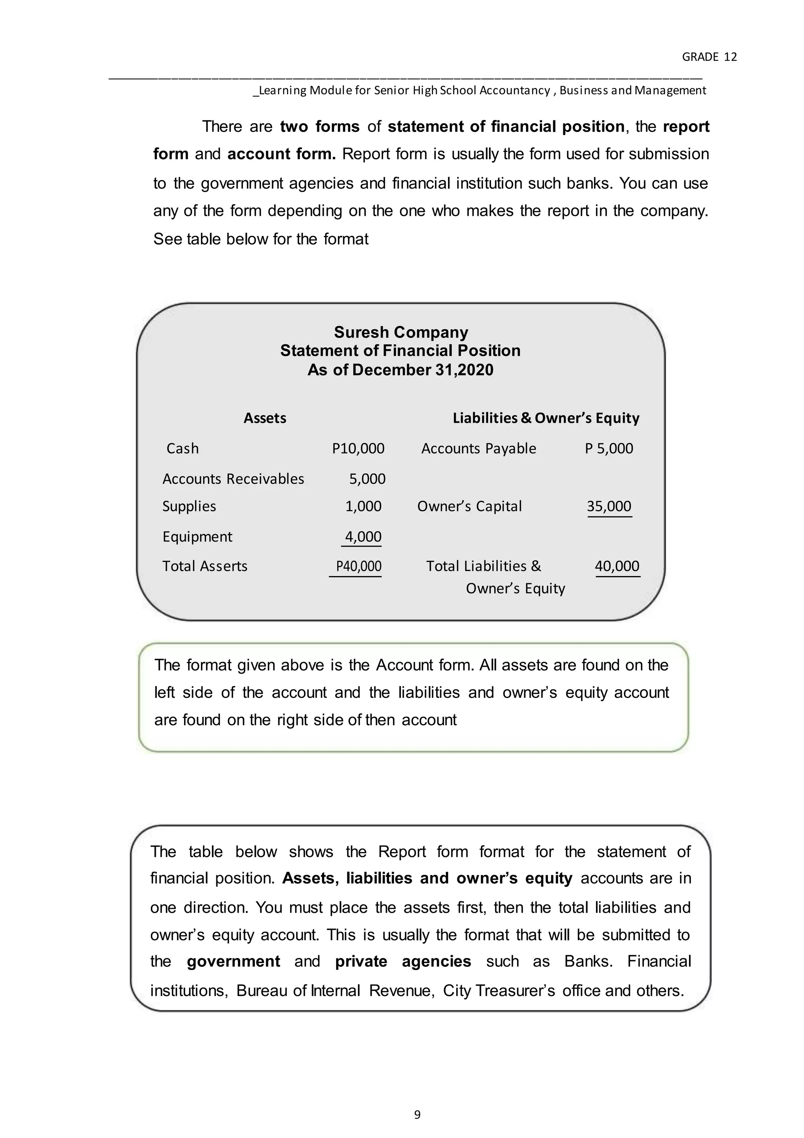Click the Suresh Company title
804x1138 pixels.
(x=401, y=332)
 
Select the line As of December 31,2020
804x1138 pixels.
(x=400, y=370)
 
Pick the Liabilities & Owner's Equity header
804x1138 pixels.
(x=546, y=418)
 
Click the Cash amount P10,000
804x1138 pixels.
(x=358, y=448)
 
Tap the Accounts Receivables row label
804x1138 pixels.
(x=233, y=478)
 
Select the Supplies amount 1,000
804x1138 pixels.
(x=363, y=506)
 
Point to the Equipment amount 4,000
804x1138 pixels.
(x=363, y=536)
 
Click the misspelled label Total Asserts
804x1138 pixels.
(x=205, y=566)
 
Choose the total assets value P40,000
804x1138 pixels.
(x=358, y=566)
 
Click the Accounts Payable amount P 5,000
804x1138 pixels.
(x=608, y=448)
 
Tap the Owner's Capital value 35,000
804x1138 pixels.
(x=608, y=506)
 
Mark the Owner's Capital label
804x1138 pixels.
(x=469, y=506)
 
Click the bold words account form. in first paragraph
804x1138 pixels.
(x=281, y=154)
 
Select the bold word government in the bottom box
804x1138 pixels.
(x=233, y=961)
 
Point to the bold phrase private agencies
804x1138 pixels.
(x=403, y=961)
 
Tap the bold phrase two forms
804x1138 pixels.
(x=320, y=126)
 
